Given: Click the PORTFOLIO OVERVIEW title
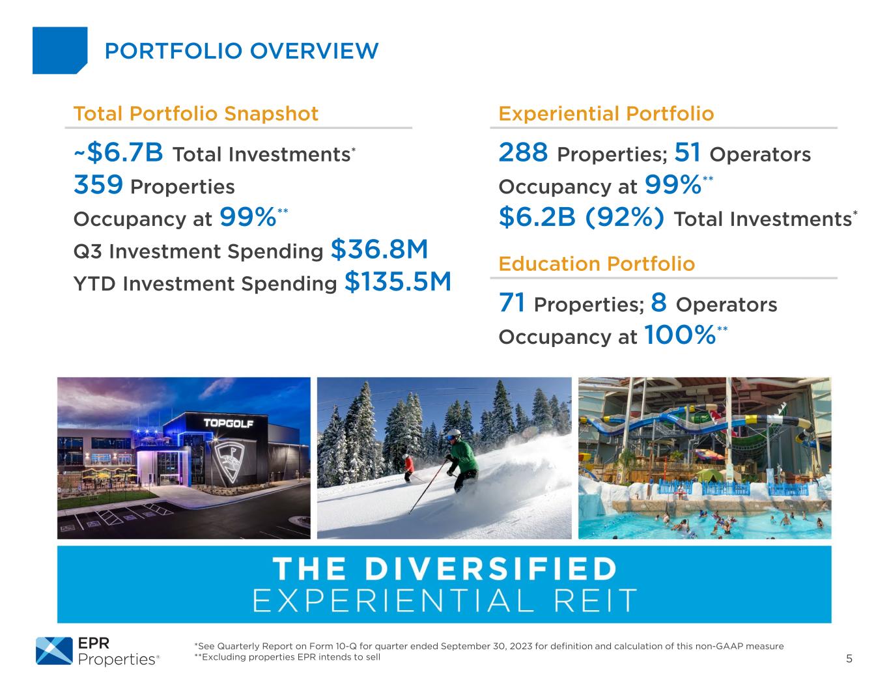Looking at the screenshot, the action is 242,51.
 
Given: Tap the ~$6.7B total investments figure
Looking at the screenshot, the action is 119,152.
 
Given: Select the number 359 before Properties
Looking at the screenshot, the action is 98,184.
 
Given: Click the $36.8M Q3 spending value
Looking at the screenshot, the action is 379,249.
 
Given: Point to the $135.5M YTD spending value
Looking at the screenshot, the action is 398,282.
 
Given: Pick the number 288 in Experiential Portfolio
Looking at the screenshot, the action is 523,152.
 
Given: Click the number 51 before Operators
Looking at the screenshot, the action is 687,152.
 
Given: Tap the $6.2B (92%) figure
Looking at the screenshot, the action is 582,217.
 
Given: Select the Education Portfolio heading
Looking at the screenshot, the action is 597,264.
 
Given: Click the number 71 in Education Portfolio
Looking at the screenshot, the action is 512,303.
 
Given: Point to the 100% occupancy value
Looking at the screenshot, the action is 680,335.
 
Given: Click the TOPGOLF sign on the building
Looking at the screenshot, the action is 229,423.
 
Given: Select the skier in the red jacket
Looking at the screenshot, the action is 408,468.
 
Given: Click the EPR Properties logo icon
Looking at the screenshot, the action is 54,651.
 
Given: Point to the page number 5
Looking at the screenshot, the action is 849,659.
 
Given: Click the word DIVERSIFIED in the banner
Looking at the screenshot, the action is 490,568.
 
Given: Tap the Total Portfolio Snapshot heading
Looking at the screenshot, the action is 195,114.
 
